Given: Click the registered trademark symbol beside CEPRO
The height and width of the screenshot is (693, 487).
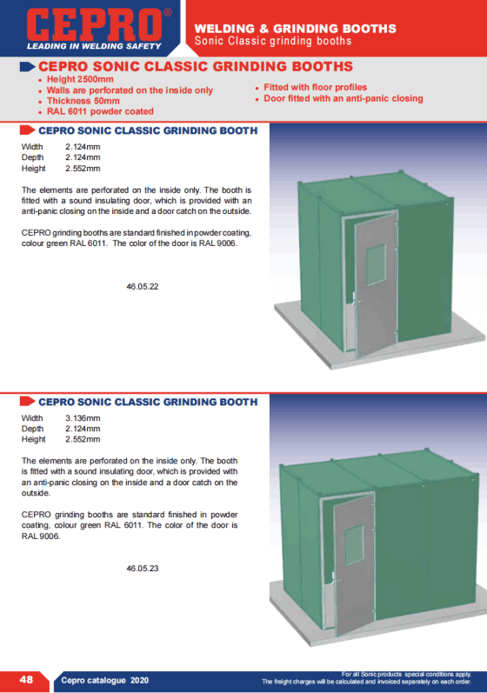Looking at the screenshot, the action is tap(168, 12).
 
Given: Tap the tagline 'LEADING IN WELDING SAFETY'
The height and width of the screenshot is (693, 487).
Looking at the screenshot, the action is tap(94, 46).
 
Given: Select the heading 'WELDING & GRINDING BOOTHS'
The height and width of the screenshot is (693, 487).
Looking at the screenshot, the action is tap(295, 29).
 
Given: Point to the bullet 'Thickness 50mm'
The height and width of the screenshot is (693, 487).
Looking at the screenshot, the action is tap(83, 101).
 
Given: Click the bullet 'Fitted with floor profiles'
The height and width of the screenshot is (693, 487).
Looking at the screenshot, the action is tap(315, 87).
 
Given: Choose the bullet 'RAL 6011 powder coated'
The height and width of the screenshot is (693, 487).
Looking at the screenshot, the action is tap(100, 111).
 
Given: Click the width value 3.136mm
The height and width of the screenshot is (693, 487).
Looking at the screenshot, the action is tap(83, 418).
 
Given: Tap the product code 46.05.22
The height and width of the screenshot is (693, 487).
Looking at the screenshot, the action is tap(143, 286).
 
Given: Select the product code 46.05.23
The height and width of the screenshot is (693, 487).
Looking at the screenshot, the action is tap(143, 569).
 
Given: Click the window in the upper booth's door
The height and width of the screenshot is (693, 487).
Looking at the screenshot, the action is tap(376, 264).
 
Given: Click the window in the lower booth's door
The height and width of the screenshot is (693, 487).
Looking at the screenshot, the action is tap(354, 545).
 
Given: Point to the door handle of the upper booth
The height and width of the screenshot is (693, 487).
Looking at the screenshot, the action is tap(356, 299).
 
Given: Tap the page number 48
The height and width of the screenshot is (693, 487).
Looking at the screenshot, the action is tap(26, 680).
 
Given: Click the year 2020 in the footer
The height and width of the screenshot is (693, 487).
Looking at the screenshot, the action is tap(140, 680).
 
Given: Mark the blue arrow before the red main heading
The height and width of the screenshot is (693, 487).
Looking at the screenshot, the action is tap(28, 67).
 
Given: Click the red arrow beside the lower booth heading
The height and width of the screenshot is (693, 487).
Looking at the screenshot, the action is tap(28, 402).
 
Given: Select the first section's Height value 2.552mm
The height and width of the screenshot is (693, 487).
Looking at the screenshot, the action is tap(83, 169).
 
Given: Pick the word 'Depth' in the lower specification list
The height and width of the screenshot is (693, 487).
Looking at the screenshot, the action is tap(32, 429).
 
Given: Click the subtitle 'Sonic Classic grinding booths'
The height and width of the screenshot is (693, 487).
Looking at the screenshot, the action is tap(273, 41).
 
